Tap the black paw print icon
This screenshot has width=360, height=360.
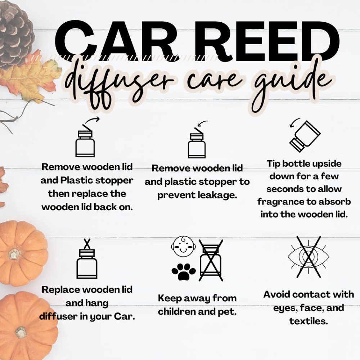(x=184, y=272)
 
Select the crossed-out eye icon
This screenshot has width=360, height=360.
(x=309, y=257)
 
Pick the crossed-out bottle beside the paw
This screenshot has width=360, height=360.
(x=211, y=260)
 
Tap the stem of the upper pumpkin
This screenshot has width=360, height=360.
(x=14, y=254)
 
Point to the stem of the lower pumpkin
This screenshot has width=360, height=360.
(x=21, y=333)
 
